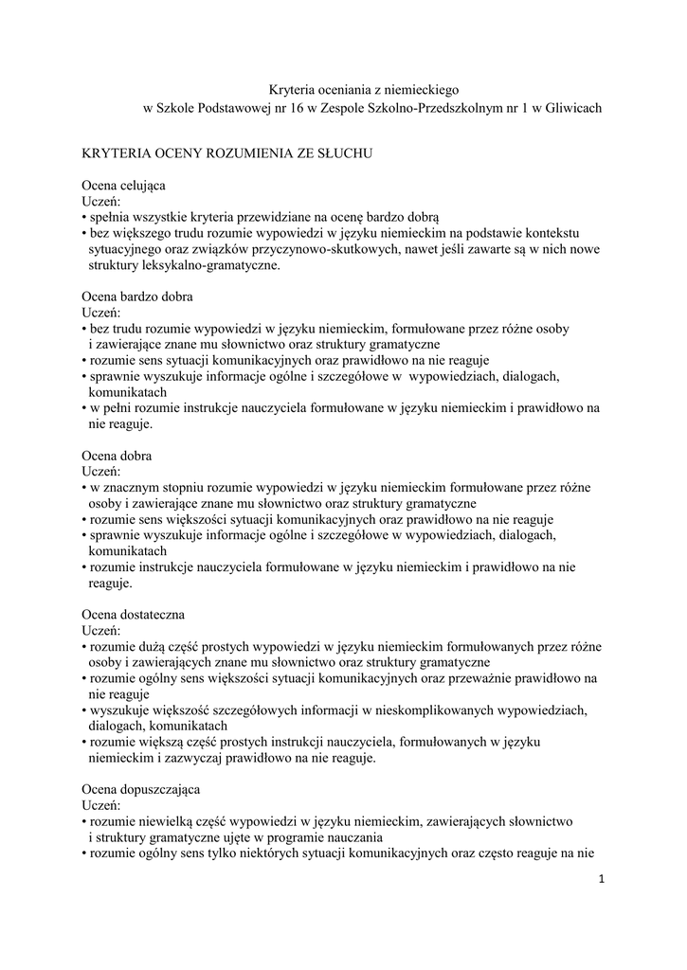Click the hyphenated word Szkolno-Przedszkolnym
point(433,109)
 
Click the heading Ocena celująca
point(124,185)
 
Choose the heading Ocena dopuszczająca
point(142,789)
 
